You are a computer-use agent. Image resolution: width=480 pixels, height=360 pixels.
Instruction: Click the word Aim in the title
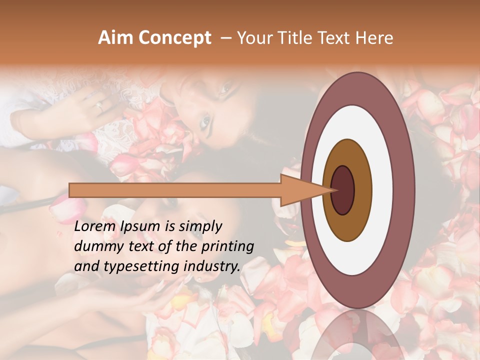(x=113, y=38)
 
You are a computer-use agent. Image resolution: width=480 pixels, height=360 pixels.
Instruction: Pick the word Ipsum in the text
(x=140, y=226)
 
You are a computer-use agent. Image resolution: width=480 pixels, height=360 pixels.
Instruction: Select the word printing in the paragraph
(x=228, y=246)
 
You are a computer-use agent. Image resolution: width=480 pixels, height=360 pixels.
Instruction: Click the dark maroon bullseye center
(x=342, y=190)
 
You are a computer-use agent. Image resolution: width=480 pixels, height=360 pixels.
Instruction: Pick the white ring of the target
(x=382, y=190)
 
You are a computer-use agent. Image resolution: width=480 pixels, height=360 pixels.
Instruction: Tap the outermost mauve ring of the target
(x=404, y=190)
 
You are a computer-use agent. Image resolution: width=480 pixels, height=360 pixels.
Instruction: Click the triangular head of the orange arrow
(x=305, y=190)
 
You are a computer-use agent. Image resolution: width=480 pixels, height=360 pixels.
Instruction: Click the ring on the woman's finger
(x=99, y=106)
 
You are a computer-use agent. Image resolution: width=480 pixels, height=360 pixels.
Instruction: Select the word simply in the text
(x=199, y=226)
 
